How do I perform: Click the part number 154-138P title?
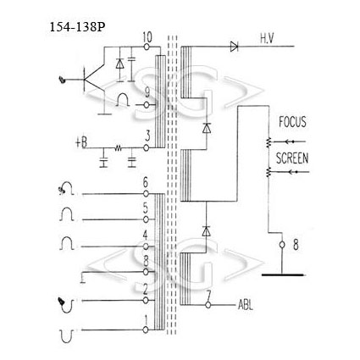[x=77, y=27]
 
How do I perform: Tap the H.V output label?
[x=267, y=39]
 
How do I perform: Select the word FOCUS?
[x=292, y=122]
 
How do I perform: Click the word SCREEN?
[x=292, y=158]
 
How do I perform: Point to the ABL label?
[x=246, y=305]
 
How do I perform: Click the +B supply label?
[x=81, y=142]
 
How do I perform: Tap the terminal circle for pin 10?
[x=147, y=47]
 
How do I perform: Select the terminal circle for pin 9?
[x=147, y=105]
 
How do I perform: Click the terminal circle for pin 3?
[x=146, y=147]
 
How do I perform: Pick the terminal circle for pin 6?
[x=146, y=194]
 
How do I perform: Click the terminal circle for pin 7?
[x=208, y=305]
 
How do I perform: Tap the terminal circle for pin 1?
[x=146, y=330]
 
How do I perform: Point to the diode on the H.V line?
[x=235, y=47]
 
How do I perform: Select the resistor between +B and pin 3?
[x=118, y=147]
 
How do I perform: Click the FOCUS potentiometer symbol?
[x=269, y=142]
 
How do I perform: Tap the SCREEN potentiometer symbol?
[x=269, y=172]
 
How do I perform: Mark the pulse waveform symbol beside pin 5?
[x=67, y=214]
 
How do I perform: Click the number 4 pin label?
[x=145, y=235]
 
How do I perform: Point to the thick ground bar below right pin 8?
[x=283, y=274]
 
